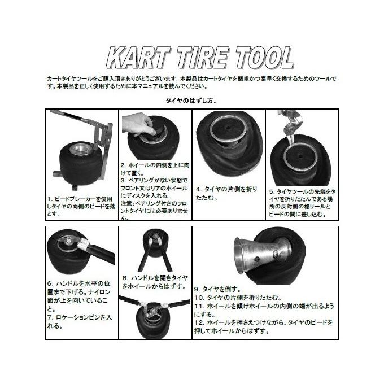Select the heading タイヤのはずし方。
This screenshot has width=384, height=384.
[x=191, y=101]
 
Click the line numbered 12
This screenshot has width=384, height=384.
[x=265, y=326]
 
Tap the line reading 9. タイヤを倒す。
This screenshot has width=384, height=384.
[x=217, y=288]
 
